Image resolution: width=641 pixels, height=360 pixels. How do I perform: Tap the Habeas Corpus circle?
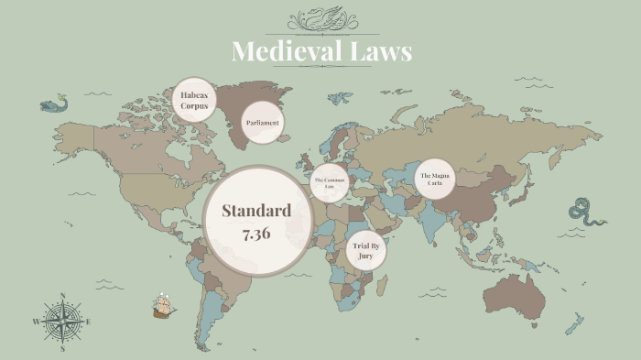click(194, 100)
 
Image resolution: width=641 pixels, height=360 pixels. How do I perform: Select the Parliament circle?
click(263, 123)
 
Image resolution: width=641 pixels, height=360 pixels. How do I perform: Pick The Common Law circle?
click(331, 182)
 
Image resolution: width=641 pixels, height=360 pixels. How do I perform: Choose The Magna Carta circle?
click(435, 179)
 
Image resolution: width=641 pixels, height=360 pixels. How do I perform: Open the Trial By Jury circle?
click(366, 250)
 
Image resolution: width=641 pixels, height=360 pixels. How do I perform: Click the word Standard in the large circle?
click(256, 211)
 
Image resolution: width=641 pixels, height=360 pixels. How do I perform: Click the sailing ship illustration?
click(164, 305)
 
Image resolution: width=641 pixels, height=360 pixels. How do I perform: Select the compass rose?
click(62, 322)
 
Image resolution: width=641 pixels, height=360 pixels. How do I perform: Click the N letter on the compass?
click(62, 296)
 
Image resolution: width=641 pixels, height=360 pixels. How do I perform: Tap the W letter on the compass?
click(36, 322)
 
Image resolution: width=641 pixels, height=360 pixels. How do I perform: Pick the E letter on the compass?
click(88, 322)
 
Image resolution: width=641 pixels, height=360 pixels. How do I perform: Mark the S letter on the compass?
click(62, 349)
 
